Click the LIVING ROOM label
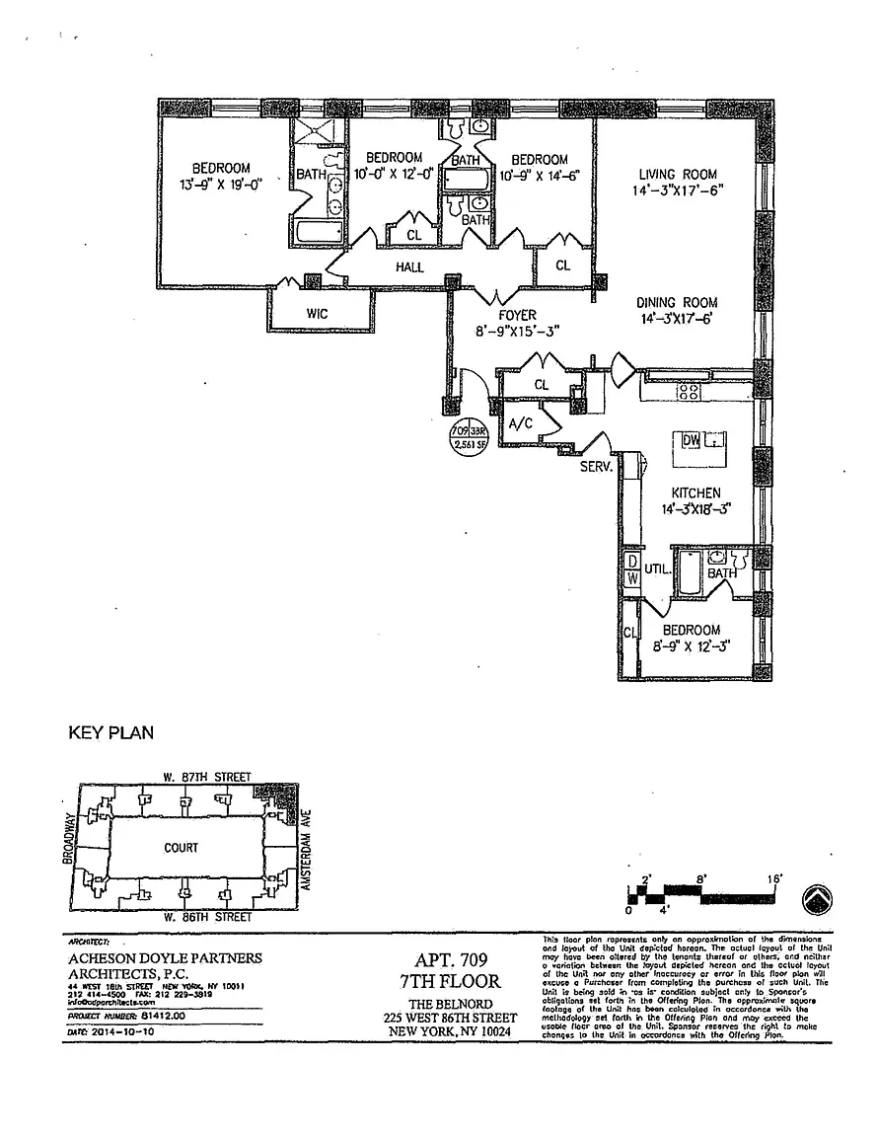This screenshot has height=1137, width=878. [x=677, y=175]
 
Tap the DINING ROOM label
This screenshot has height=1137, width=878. [x=677, y=303]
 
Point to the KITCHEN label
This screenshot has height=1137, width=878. [x=695, y=493]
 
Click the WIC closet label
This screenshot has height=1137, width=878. [x=317, y=313]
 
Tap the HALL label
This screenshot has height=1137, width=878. [x=410, y=267]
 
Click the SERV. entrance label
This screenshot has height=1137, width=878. [x=598, y=465]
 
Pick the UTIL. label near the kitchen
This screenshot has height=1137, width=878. [x=657, y=570]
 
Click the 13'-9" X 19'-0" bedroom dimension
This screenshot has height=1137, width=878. [x=220, y=185]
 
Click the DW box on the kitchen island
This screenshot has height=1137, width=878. [x=690, y=440]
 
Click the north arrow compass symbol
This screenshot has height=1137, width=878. [x=817, y=899]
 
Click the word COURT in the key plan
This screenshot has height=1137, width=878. [x=182, y=848]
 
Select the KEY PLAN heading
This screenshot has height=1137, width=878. [x=109, y=733]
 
